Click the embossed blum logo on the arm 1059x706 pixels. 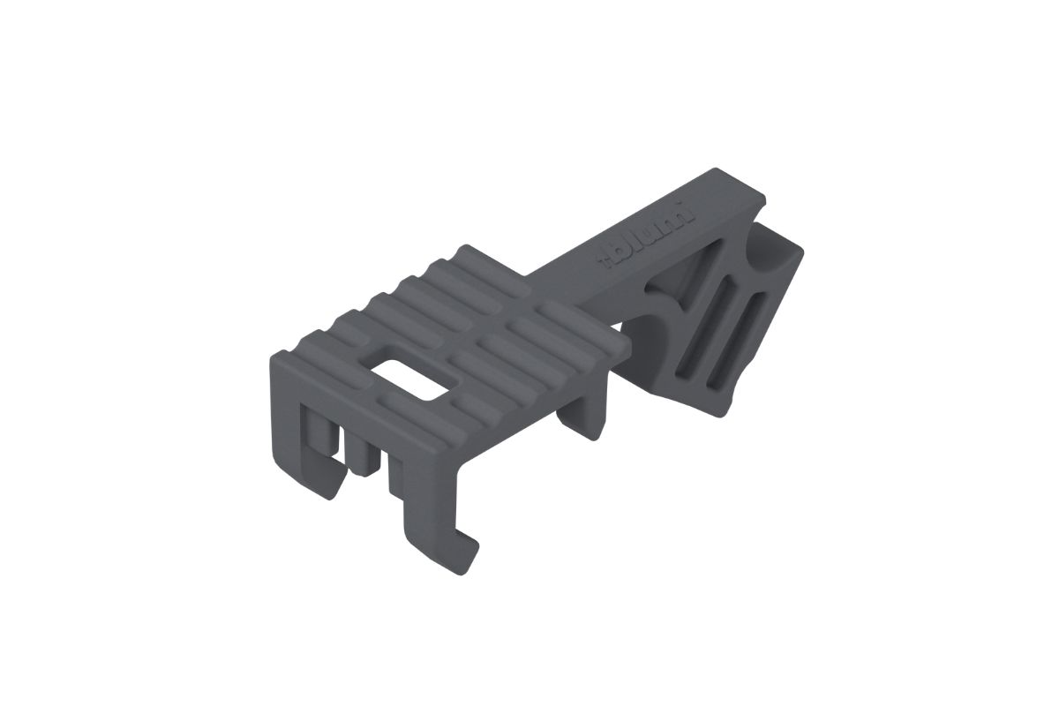click(x=650, y=236)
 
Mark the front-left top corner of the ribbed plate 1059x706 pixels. click(x=281, y=356)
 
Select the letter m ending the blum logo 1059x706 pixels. click(x=684, y=217)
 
